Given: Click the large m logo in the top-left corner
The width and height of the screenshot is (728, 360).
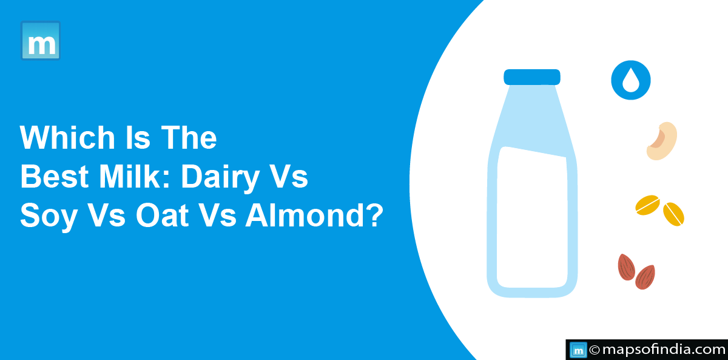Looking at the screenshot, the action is (41, 41).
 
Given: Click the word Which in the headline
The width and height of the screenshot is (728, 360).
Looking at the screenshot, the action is (67, 137).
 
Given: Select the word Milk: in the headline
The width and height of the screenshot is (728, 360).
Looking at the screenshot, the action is (135, 176).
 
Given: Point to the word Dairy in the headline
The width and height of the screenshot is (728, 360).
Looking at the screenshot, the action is (220, 179).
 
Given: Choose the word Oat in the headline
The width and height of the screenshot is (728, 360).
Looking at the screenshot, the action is (162, 215).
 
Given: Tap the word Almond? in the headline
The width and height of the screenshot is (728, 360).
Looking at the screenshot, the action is (314, 215).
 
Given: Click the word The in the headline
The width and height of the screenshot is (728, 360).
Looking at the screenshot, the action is (189, 137).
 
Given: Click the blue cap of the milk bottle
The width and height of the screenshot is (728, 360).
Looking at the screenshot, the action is (532, 77).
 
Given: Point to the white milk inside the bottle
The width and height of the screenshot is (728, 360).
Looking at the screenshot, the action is (532, 217).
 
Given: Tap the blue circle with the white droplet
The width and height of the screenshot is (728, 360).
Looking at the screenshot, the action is (631, 80).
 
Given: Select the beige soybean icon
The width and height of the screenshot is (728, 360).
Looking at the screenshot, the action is (662, 141).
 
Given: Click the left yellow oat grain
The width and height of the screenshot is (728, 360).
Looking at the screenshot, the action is (647, 205).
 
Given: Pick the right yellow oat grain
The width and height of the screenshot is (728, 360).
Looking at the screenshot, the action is (673, 214).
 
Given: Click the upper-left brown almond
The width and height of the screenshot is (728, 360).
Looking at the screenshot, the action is (626, 267).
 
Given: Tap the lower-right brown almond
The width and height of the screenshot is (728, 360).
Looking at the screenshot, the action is (645, 277).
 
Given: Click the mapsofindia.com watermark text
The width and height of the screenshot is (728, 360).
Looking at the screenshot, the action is (664, 350).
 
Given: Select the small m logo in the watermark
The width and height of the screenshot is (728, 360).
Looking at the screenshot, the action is (578, 350).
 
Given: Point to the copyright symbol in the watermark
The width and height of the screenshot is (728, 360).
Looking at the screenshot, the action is (595, 350).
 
